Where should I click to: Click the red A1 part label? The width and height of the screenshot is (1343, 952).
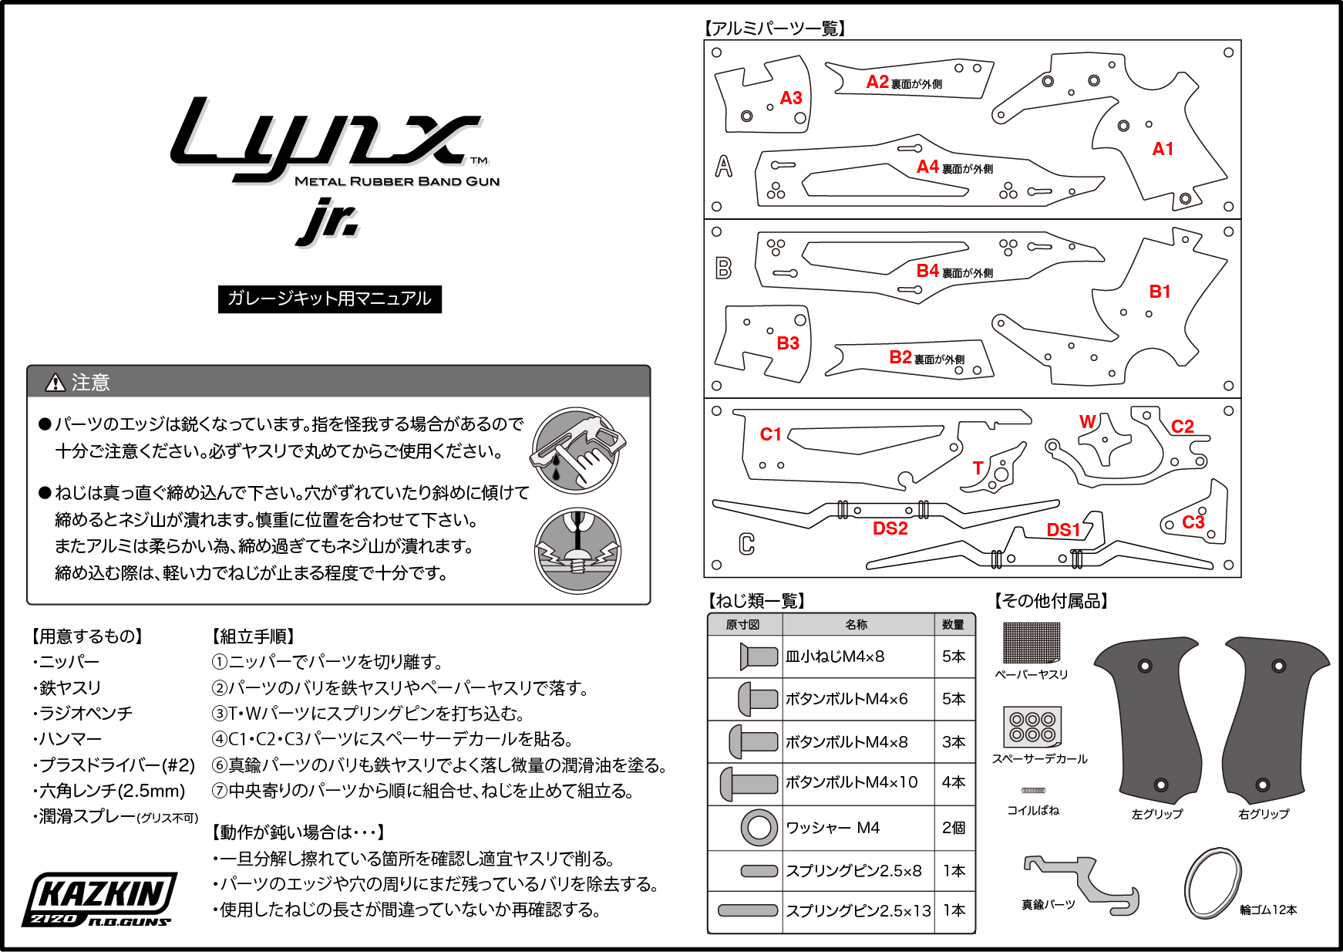point(1163,149)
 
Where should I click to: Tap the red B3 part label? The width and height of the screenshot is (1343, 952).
point(788,343)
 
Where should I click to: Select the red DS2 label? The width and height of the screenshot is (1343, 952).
point(890,528)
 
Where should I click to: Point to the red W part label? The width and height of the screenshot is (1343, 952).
point(1088,421)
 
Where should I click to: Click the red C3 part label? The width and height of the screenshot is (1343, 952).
point(1193,522)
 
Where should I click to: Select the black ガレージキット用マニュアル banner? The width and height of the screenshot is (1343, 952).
point(330,299)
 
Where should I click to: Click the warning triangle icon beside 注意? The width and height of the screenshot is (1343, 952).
point(56,382)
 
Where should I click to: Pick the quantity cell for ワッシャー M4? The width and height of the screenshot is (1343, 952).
point(954,828)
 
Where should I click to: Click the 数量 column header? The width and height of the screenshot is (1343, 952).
point(954,624)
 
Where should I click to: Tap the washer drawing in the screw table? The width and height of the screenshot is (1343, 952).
point(759,828)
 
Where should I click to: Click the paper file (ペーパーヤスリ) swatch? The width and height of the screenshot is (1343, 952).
point(1032,643)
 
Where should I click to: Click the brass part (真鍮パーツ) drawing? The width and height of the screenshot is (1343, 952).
point(1081,884)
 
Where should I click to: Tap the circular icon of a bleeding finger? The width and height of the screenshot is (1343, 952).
point(577,451)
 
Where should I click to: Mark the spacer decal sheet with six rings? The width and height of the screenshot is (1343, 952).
point(1032,727)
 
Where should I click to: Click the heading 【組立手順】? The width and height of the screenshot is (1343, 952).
point(253,636)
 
